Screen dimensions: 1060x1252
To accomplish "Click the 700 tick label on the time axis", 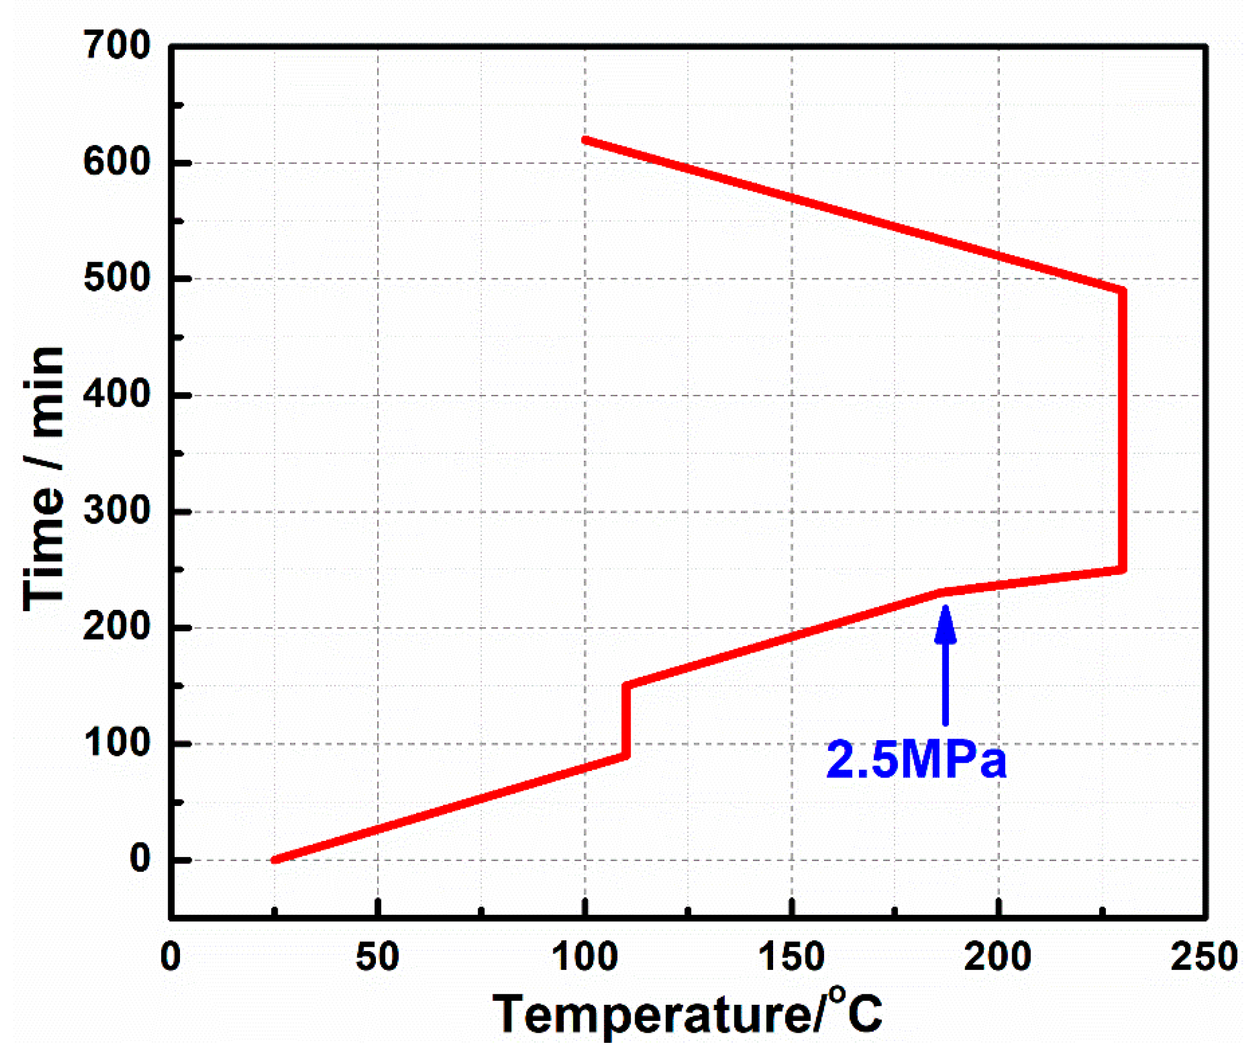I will pos(117,46).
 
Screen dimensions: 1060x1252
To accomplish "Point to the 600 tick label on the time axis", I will pos(117,162).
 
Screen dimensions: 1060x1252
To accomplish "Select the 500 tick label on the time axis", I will pos(117,278).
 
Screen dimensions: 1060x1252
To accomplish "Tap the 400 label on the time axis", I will pos(117,395).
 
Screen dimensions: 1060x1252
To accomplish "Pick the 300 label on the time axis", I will pos(117,511).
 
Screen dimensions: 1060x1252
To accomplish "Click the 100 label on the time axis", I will pos(117,743).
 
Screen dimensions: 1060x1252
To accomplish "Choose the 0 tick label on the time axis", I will pos(139,859).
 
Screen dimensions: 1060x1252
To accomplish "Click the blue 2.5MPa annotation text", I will pos(916,761).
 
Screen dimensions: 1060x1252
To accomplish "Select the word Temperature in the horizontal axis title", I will pos(652,1016).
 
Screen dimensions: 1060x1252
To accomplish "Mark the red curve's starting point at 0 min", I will pos(275,859).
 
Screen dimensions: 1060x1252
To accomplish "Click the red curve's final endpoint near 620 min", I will pos(585,140).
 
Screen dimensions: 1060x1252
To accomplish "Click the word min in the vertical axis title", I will pos(43,391).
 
